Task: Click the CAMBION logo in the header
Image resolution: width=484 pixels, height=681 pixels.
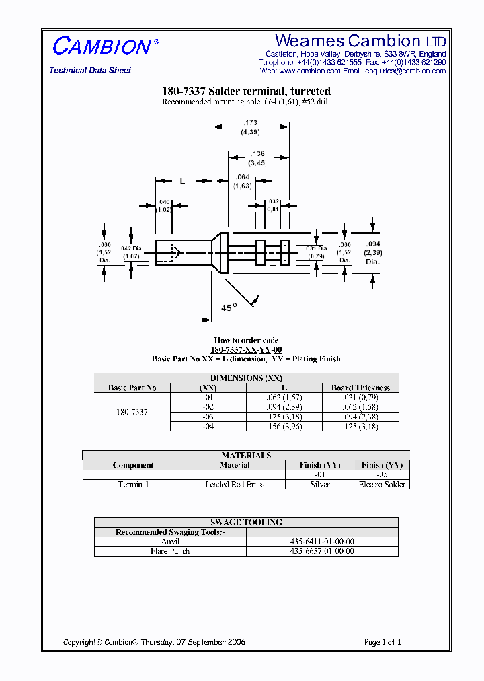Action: coord(102,46)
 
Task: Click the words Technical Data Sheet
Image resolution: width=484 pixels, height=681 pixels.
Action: coord(90,71)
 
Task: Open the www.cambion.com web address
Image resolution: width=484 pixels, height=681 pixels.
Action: coord(309,71)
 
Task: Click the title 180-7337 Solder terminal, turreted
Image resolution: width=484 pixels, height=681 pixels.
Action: coord(246,92)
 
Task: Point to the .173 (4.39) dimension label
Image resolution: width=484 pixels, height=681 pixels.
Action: coord(250,127)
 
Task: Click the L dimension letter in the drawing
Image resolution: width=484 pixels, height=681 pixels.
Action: coord(182,182)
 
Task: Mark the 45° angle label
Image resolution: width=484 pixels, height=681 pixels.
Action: coord(229,308)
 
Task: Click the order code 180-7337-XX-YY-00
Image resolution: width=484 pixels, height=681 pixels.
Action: coord(246,350)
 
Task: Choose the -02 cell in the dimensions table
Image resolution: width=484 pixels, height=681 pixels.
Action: coord(208,407)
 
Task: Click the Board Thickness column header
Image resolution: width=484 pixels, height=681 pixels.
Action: coord(360,388)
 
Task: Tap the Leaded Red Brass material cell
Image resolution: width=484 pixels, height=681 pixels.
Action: coord(235,485)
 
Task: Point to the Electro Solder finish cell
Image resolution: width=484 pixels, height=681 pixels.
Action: coord(382,485)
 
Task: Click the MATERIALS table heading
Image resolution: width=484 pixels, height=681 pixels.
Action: coord(246,456)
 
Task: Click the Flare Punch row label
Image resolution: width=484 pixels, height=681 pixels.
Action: coord(170,551)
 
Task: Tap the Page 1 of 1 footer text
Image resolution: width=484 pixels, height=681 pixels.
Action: coord(382,642)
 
